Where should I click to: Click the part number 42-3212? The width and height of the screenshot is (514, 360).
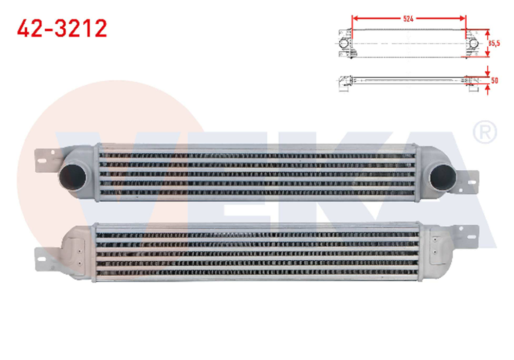click(62, 29)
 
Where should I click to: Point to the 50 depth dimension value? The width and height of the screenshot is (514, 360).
click(495, 81)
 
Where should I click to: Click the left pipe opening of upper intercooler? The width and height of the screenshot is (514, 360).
click(72, 176)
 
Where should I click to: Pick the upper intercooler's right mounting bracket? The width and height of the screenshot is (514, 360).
click(471, 182)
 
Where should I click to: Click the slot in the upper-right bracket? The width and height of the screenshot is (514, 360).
click(473, 183)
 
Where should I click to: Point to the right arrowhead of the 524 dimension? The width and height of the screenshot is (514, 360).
click(463, 19)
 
